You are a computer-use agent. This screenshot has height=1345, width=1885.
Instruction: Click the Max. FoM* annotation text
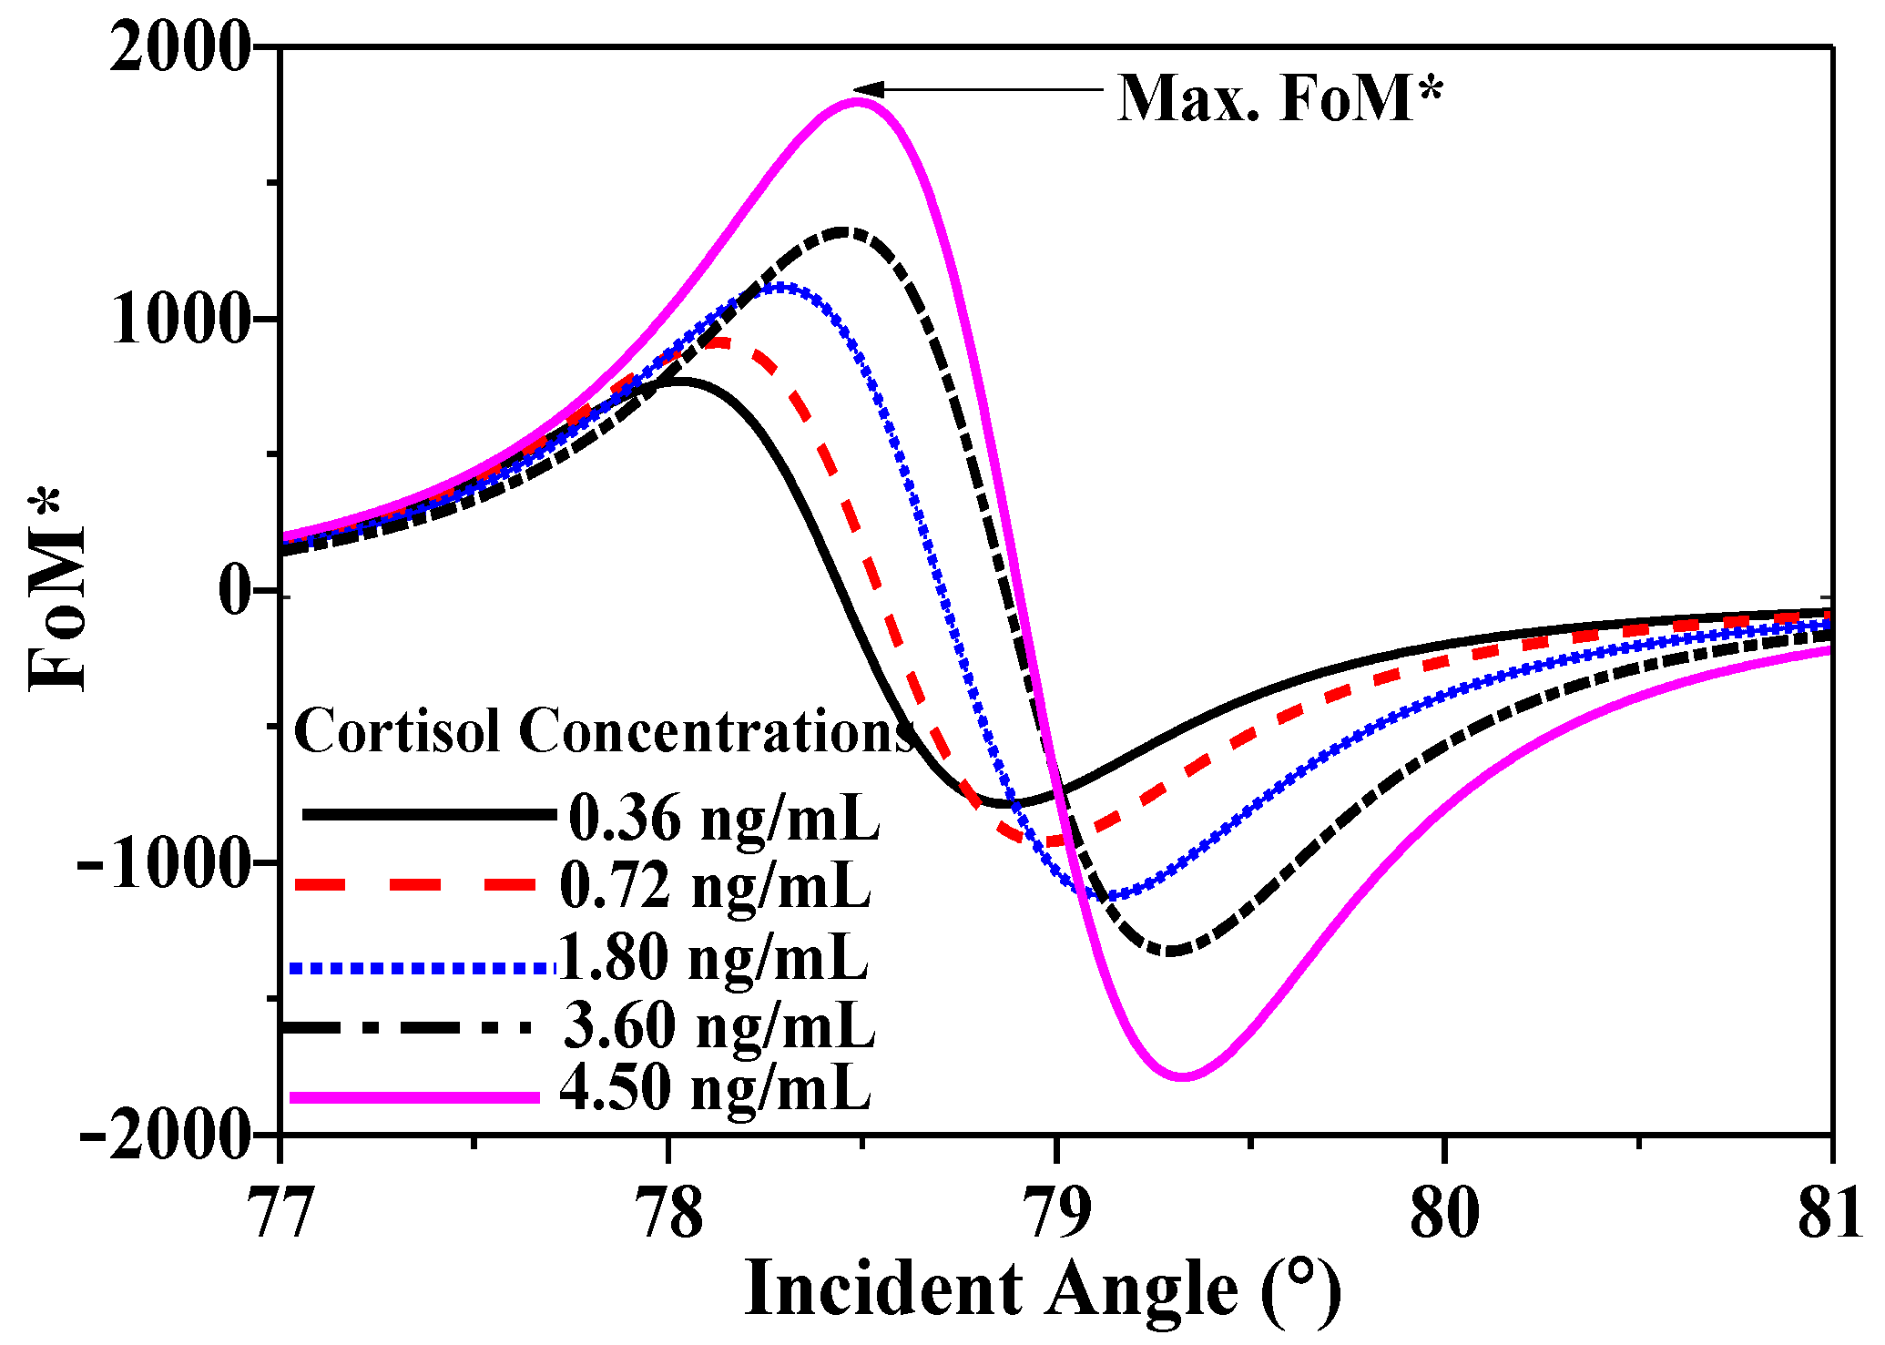point(1279,98)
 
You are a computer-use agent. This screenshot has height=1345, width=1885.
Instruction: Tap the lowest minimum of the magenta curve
point(1184,1076)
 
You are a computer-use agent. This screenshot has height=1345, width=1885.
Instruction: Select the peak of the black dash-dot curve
point(842,231)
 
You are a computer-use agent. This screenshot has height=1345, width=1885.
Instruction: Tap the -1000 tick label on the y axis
point(164,862)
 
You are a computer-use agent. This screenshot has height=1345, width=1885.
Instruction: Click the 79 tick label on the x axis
point(1056,1214)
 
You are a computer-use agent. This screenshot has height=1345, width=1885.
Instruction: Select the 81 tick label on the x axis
point(1830,1214)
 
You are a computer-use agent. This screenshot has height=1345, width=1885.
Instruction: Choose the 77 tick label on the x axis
point(281,1214)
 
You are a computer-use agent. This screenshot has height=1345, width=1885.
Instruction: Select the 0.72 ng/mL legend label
point(715,885)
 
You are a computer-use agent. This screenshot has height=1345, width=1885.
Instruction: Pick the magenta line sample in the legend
point(414,1097)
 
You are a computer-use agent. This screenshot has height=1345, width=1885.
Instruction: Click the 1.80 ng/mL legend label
point(713,958)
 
